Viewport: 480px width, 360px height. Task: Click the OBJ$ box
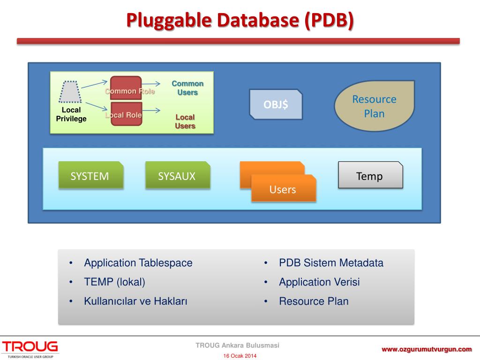click(276, 104)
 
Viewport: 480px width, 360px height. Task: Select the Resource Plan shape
click(374, 106)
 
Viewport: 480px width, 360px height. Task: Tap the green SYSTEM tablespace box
click(90, 176)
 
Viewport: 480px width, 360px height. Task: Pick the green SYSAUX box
click(177, 176)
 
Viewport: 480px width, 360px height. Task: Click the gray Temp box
click(370, 176)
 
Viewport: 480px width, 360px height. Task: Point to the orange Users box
click(283, 189)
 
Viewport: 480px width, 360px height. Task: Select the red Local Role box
click(126, 114)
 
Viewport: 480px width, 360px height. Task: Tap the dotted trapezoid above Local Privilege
click(70, 91)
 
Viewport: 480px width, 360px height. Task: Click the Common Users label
click(187, 88)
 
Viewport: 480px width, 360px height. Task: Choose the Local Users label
click(185, 121)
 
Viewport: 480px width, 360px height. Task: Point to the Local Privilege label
click(71, 114)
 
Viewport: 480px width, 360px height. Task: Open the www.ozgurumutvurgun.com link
click(426, 349)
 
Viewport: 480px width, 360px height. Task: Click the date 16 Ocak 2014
click(240, 356)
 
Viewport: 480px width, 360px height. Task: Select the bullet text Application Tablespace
click(138, 263)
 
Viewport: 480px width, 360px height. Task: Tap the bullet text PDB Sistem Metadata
click(331, 263)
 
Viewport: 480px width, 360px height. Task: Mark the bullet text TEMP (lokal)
click(114, 282)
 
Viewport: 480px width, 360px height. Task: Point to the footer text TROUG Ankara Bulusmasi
click(237, 345)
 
